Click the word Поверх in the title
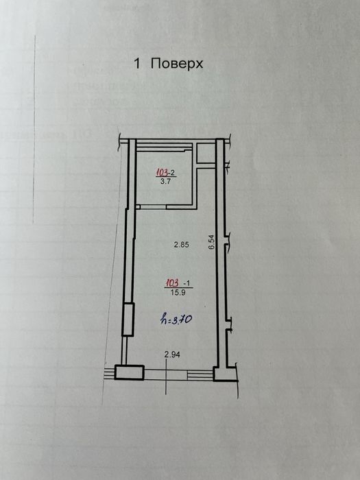177,64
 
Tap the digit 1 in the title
137,64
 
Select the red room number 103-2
166,173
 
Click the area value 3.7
166,182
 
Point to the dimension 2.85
182,245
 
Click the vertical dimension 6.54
213,243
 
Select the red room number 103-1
178,283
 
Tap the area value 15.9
178,292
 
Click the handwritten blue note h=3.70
176,320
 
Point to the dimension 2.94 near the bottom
172,355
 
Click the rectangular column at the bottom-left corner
129,372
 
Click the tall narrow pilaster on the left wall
128,320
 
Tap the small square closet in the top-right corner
206,154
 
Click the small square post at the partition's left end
137,207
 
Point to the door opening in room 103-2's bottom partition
153,207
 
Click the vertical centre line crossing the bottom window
166,376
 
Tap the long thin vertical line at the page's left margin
34,130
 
